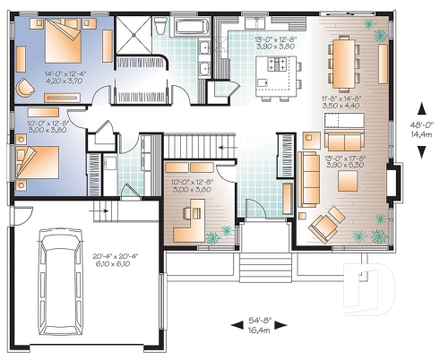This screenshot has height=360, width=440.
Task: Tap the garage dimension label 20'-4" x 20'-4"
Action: [x=114, y=259]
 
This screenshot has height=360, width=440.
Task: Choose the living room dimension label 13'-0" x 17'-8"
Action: [x=346, y=164]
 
